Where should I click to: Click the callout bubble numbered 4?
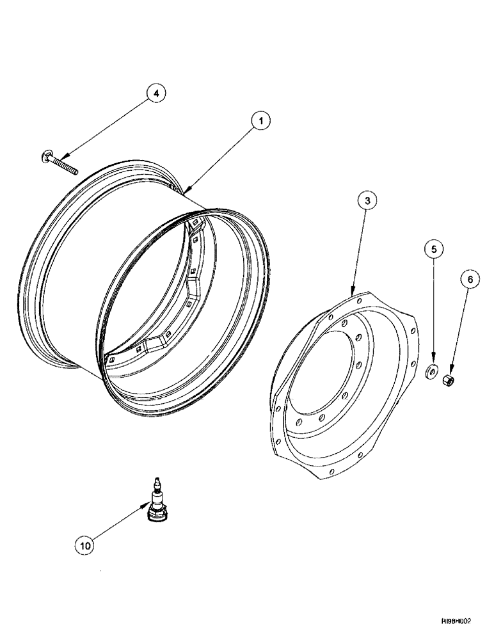pos(155,93)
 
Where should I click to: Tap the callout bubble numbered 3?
pos(366,201)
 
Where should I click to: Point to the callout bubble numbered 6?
pos(468,280)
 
